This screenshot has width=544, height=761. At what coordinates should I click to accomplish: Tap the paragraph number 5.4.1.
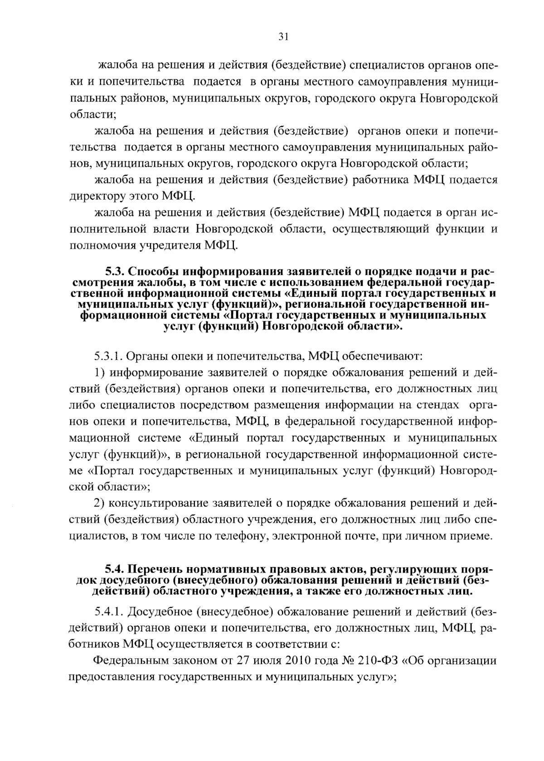click(x=109, y=612)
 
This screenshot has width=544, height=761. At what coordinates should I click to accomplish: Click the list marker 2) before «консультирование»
click(x=99, y=503)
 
